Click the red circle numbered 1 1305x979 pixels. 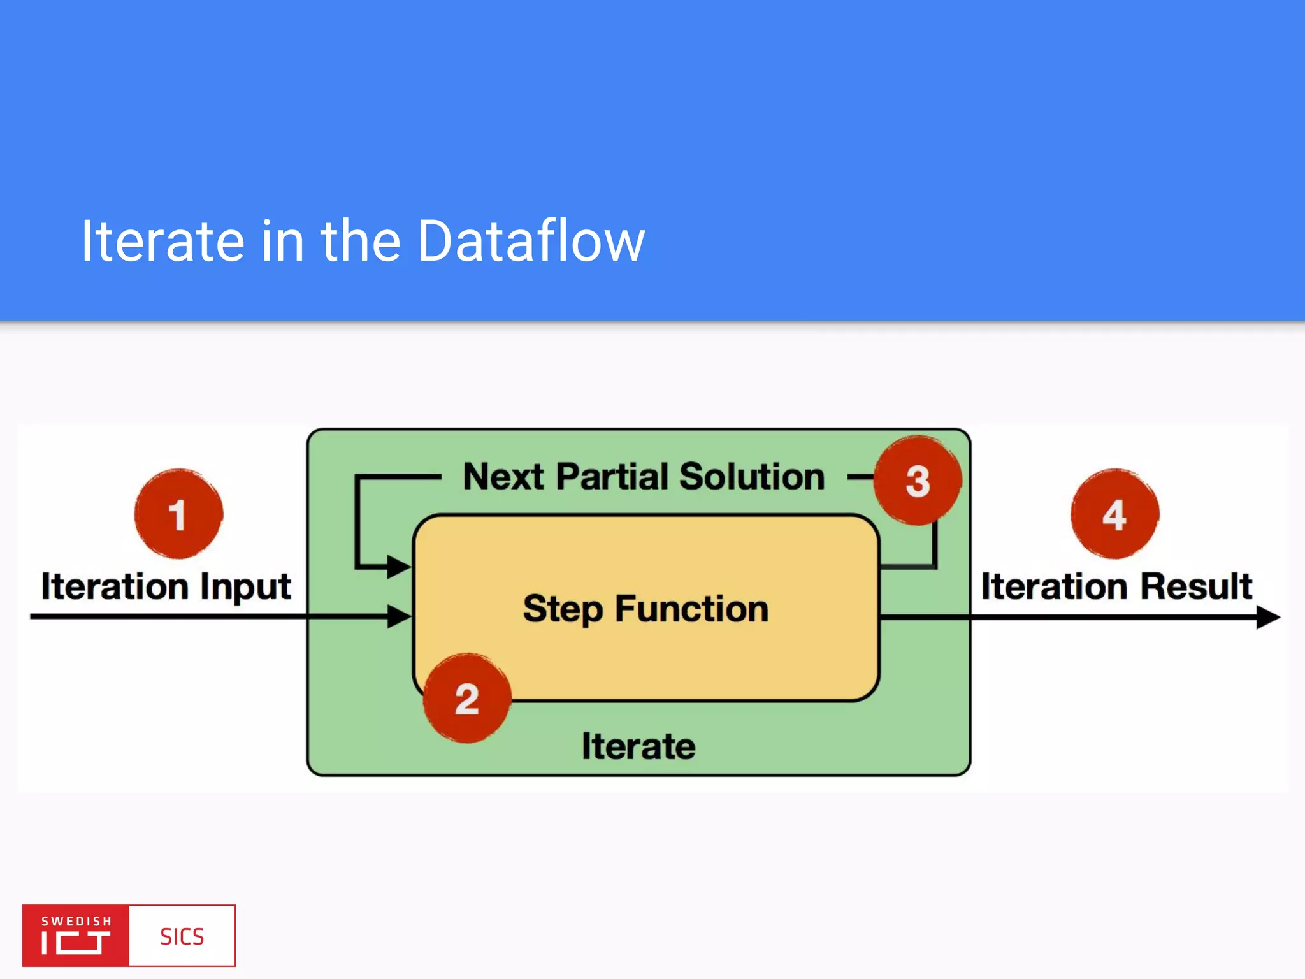click(178, 514)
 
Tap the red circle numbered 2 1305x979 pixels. click(467, 698)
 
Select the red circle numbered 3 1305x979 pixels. click(918, 481)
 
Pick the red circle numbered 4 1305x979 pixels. click(1114, 514)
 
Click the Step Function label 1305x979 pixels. click(645, 609)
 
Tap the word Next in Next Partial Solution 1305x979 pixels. click(503, 476)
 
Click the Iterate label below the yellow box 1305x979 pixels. click(638, 746)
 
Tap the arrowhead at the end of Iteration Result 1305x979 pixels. click(1268, 616)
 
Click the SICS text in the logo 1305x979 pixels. click(182, 936)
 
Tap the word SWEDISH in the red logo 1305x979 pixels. click(76, 921)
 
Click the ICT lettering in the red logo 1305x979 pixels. click(76, 943)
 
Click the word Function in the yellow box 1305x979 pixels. click(692, 609)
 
